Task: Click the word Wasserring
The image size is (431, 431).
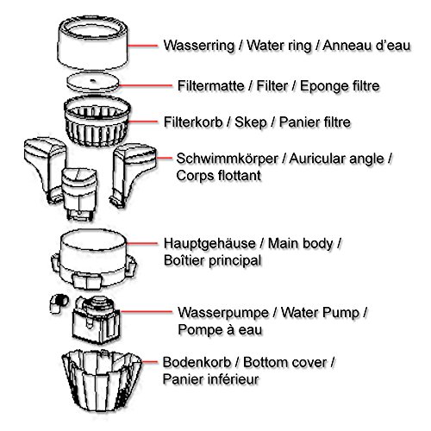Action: click(x=199, y=46)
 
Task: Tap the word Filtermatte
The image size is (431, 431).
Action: click(x=211, y=85)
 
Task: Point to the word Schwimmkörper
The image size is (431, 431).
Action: click(x=228, y=159)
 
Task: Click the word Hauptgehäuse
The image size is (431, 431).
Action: click(x=209, y=244)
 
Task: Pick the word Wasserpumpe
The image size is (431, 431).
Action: click(x=223, y=313)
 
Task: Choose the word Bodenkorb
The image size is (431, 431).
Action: click(x=197, y=362)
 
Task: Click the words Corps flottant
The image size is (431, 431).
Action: click(x=218, y=176)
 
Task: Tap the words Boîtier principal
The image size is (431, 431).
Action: click(x=213, y=260)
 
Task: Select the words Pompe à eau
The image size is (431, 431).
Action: click(x=220, y=329)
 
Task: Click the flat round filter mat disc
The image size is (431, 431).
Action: click(x=93, y=82)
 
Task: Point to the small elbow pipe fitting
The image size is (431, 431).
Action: click(x=59, y=303)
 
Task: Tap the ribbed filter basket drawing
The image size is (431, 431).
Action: click(x=97, y=122)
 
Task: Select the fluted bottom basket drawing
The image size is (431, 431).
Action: click(x=102, y=380)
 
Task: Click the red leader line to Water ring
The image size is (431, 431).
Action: click(x=143, y=46)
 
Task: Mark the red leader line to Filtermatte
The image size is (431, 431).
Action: click(x=146, y=85)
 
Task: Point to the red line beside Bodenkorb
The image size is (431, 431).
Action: click(x=149, y=362)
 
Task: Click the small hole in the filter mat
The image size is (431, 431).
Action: click(x=92, y=80)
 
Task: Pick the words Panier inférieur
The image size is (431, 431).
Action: click(x=210, y=379)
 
